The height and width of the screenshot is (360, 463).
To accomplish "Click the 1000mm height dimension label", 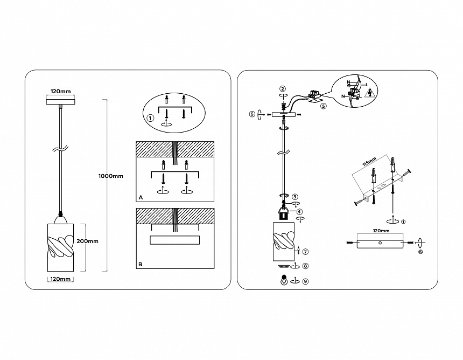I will (111, 176).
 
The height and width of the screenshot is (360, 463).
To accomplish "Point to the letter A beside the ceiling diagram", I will (141, 198).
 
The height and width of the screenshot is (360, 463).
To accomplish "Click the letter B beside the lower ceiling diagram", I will (141, 265).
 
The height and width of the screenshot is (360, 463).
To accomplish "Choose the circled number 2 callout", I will (283, 88).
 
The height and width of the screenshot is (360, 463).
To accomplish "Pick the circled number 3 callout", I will (296, 197).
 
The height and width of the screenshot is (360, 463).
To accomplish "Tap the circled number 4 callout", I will (300, 212).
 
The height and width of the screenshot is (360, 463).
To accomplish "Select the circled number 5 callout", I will (324, 106).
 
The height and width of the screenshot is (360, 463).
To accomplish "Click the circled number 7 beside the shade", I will (305, 251).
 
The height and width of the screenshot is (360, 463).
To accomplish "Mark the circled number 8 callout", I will (305, 266).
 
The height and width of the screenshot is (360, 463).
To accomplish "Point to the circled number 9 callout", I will (305, 281).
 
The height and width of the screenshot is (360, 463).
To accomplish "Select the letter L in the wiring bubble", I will (367, 85).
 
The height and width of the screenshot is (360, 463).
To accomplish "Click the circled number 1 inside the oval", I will (151, 118).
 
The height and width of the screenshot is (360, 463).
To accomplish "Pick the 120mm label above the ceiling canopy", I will (60, 91).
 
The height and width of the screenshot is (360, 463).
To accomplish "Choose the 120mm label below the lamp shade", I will (60, 279).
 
